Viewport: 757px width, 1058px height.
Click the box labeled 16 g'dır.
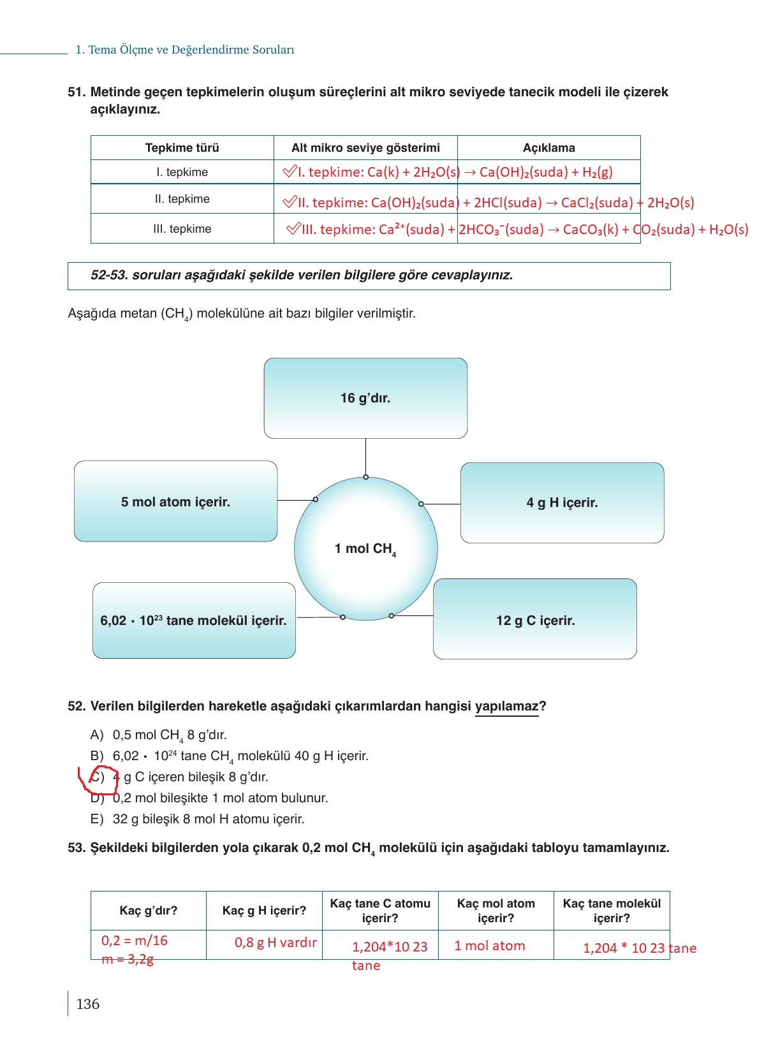365,398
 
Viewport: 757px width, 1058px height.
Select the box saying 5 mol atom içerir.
175,502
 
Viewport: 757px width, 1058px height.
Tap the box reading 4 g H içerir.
562,503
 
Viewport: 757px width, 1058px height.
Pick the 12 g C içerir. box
535,620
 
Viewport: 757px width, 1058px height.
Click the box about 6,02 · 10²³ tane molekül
194,620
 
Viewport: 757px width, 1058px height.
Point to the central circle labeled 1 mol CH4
365,548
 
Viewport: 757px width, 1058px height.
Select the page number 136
87,1004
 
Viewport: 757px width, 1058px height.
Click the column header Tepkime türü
182,148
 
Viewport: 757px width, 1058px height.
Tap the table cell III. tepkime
182,229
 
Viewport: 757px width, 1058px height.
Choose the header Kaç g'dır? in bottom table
149,911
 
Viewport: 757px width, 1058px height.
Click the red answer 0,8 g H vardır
276,943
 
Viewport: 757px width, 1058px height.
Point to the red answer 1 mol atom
489,946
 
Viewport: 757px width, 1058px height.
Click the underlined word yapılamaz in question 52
506,707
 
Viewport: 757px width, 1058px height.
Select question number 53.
76,848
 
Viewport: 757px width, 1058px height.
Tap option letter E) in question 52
96,819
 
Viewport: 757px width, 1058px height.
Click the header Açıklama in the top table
548,148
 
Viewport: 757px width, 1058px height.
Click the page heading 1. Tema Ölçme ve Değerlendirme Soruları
184,50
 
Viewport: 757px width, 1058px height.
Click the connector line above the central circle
365,457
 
